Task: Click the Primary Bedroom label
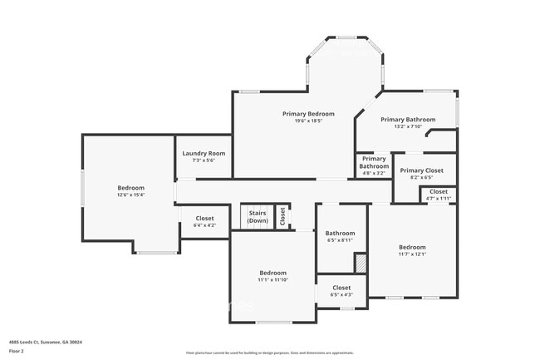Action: [x=308, y=114]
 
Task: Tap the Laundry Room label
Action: [x=204, y=153]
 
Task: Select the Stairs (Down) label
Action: [x=258, y=217]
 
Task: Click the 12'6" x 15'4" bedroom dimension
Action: [x=131, y=195]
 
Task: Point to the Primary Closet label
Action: [x=422, y=170]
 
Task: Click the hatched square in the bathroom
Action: [x=360, y=262]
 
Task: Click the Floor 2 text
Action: [x=16, y=351]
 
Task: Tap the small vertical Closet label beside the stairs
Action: [x=282, y=216]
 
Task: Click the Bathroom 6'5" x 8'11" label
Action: [x=340, y=237]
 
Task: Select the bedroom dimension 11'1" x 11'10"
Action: [x=272, y=280]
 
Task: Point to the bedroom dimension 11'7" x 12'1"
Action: [x=412, y=254]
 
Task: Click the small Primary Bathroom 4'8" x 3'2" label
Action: [x=374, y=166]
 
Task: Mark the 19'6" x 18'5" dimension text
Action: [x=308, y=121]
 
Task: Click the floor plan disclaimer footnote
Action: [x=270, y=353]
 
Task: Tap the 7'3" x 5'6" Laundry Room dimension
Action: [x=204, y=160]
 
